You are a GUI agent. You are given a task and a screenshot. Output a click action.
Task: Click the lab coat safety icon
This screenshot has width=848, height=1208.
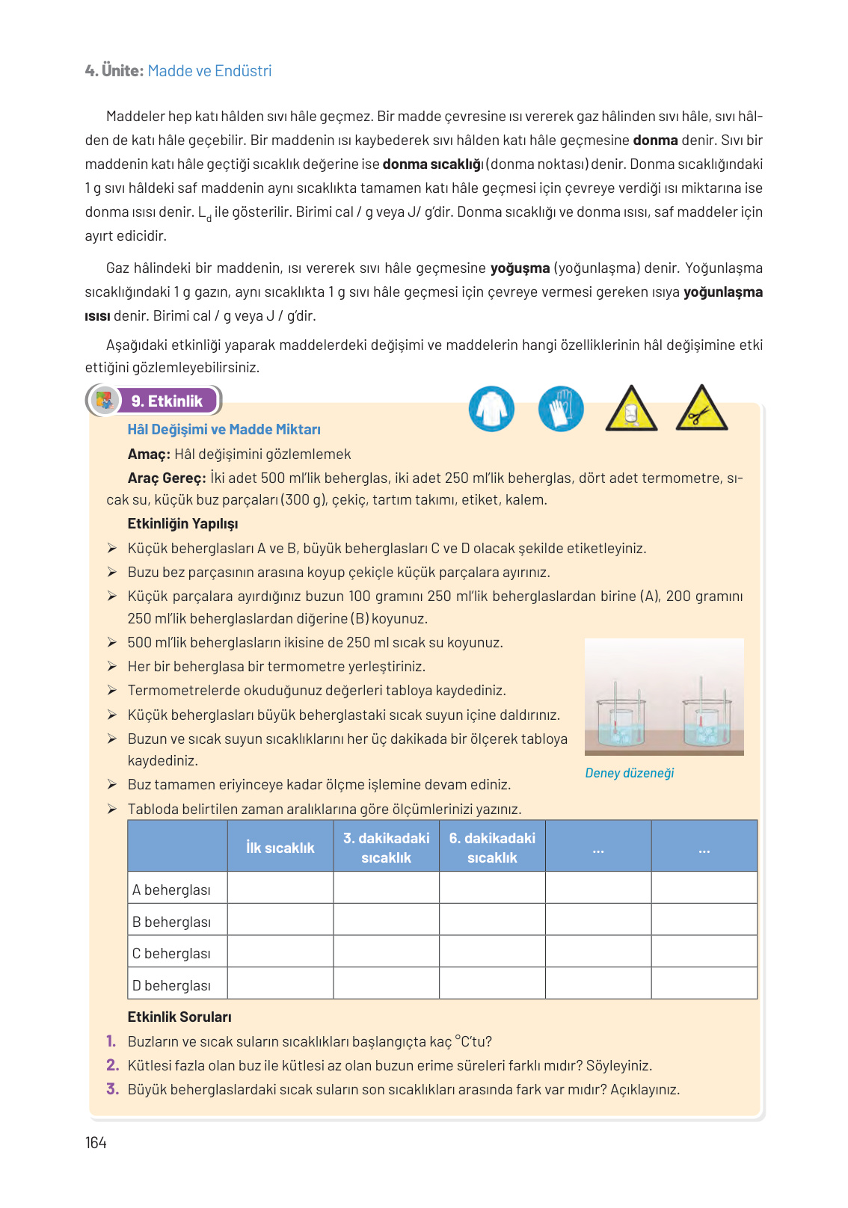[491, 409]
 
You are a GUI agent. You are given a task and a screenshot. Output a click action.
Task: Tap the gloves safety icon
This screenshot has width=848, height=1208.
[561, 409]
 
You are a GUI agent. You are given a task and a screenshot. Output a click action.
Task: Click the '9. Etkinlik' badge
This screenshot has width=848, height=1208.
[166, 401]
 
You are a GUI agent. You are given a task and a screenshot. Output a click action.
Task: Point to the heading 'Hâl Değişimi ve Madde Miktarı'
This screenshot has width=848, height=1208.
[224, 430]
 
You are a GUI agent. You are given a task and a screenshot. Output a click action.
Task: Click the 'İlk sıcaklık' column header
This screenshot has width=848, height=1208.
[280, 848]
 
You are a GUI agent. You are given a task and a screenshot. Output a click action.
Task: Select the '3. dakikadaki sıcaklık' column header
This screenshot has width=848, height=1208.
[387, 848]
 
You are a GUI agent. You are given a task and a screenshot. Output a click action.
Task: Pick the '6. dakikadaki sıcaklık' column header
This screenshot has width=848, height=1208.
[492, 848]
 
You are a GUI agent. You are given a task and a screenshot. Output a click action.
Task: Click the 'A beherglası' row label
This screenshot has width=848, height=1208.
[172, 890]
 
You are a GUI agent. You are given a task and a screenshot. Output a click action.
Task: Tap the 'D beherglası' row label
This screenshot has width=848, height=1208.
[172, 985]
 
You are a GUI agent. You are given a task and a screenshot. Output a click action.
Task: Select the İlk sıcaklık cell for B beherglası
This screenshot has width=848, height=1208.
[280, 920]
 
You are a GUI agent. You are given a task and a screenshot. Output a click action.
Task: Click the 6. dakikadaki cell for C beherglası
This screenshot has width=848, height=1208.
[492, 952]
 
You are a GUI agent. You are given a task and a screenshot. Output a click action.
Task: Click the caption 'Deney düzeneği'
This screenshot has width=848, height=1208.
[629, 773]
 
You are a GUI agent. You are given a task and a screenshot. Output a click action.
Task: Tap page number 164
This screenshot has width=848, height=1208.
[96, 1142]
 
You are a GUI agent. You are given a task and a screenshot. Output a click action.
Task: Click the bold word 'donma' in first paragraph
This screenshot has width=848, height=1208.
[655, 141]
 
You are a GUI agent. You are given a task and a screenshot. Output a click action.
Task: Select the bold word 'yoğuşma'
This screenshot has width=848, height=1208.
[520, 268]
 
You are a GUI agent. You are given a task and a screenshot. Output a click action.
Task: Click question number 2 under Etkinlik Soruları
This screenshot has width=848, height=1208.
[112, 1065]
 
